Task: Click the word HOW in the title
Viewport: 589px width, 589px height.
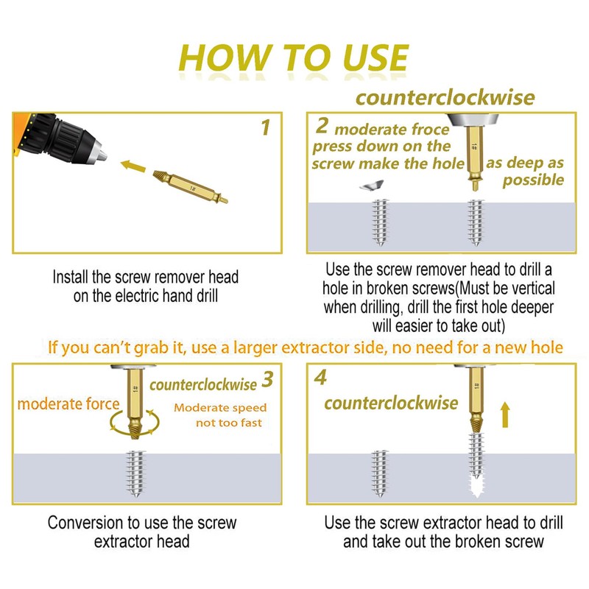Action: (x=225, y=57)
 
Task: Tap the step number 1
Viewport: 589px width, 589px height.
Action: (x=266, y=127)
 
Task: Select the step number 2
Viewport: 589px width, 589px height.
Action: (x=322, y=125)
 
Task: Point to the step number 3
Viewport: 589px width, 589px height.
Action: (x=267, y=379)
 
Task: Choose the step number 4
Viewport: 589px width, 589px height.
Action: (x=320, y=377)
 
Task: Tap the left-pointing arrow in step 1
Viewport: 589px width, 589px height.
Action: (x=133, y=166)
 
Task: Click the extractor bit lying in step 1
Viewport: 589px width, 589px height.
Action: (x=190, y=187)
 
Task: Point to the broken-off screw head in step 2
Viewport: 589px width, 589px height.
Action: (x=372, y=186)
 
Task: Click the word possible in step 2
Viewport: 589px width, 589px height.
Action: (x=533, y=180)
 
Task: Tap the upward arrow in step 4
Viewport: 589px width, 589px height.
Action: (x=505, y=415)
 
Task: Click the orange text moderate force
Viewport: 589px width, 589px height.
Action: (x=68, y=404)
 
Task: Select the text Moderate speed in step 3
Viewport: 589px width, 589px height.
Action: (x=220, y=408)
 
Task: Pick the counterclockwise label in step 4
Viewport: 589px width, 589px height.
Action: (x=391, y=403)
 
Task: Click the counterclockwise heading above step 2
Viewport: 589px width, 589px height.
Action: (x=445, y=98)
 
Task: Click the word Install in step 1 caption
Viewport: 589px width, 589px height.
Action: (x=71, y=278)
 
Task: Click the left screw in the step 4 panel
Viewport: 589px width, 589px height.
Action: (x=379, y=473)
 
